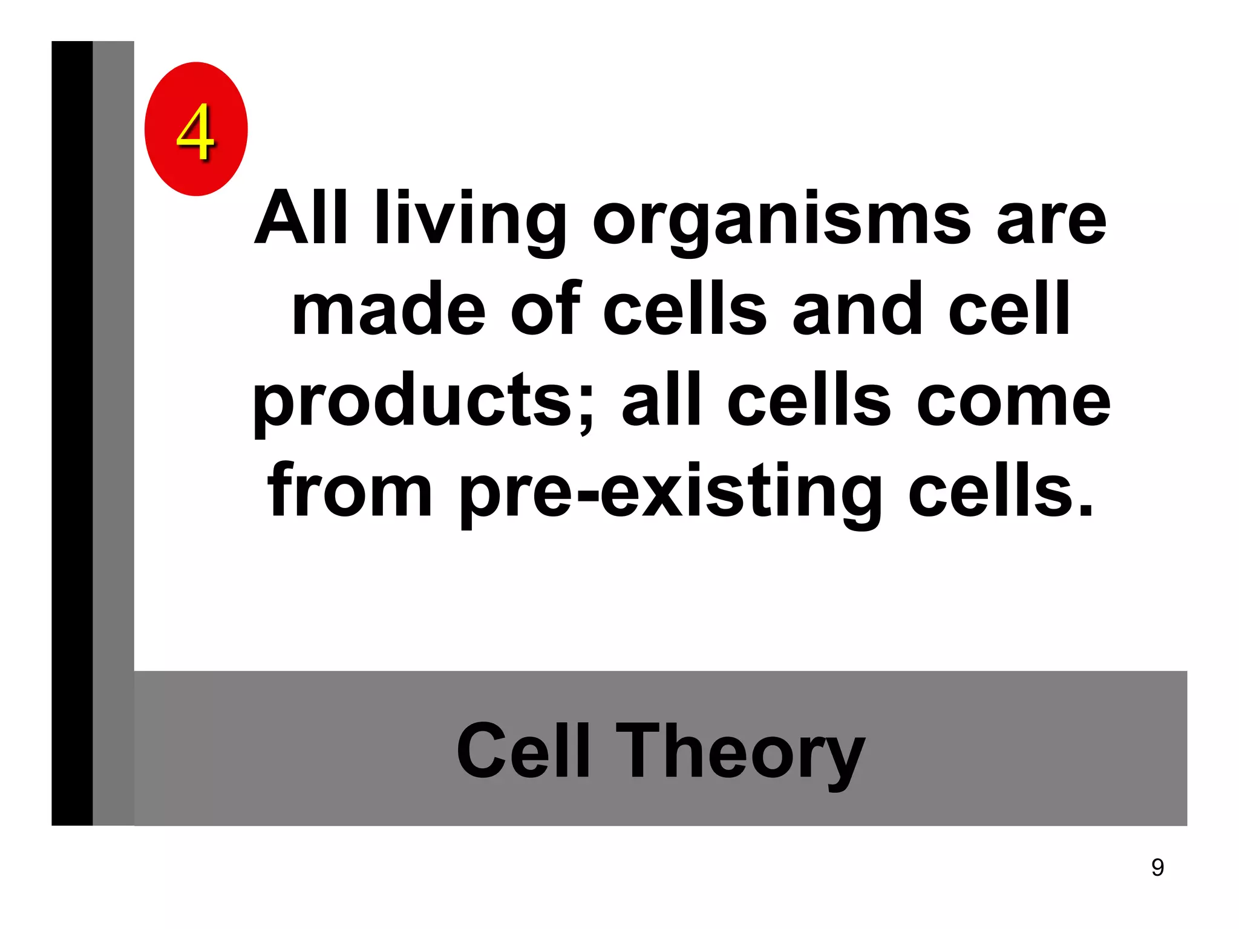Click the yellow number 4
click(195, 131)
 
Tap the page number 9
click(1157, 867)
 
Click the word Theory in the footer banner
click(740, 753)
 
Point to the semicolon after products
click(586, 411)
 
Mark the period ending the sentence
click(1086, 511)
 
